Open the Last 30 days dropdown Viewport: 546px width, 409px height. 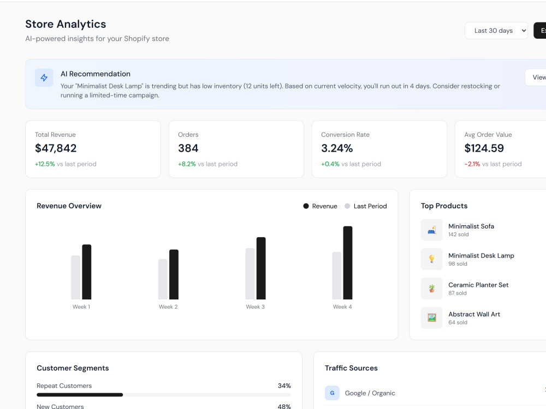496,31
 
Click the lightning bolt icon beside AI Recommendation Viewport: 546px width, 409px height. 44,77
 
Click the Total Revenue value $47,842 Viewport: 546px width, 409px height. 56,148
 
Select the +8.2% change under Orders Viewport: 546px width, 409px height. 187,164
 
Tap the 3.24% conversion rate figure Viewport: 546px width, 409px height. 337,148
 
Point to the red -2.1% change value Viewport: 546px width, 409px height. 472,164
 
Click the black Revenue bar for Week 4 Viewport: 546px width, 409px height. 347,263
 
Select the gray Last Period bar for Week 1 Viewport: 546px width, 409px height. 75,278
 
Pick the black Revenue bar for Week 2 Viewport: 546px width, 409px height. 174,274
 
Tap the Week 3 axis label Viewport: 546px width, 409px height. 255,306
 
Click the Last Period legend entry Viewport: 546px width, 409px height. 366,206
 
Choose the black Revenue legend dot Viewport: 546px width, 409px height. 306,206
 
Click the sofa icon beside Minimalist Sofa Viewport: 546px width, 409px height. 432,230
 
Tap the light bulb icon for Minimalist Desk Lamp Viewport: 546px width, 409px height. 432,259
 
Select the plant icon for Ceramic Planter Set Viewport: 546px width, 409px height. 432,288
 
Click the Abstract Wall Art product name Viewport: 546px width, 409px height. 474,314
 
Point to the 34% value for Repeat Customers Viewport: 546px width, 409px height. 284,386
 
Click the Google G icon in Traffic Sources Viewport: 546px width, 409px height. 332,393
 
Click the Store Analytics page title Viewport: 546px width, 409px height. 66,24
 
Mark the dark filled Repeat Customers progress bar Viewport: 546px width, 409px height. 80,395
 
